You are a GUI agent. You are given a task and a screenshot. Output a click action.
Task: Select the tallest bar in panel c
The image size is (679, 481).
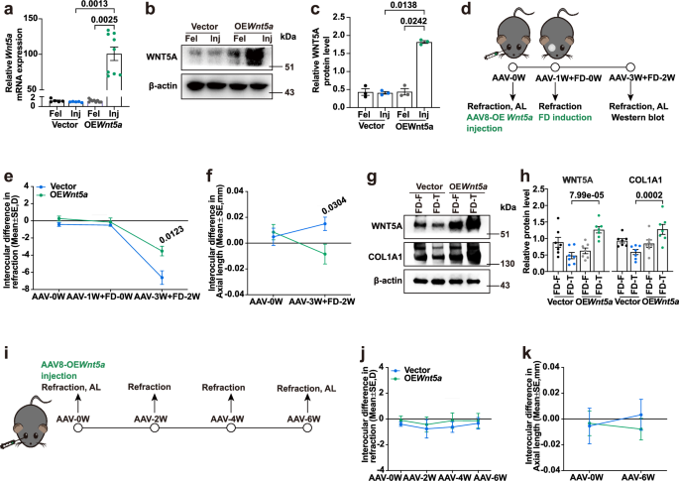[434, 83]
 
